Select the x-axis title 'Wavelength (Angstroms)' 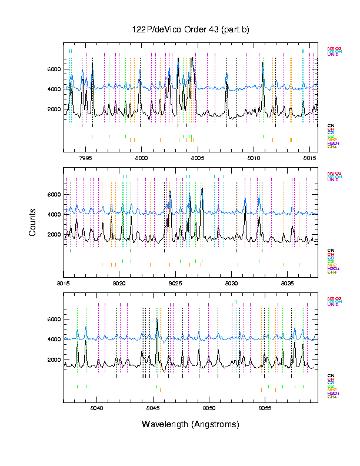[x=191, y=424]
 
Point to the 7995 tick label [x=86, y=158]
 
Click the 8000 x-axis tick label [x=141, y=158]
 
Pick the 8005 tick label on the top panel [x=197, y=158]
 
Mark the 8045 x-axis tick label [x=152, y=407]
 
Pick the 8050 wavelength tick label [x=209, y=407]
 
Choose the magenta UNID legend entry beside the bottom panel [x=332, y=305]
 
